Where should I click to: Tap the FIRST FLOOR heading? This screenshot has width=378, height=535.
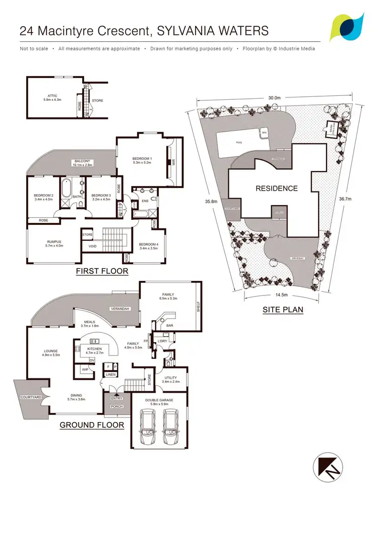point(101,271)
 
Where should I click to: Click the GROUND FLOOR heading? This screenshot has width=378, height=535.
point(92,425)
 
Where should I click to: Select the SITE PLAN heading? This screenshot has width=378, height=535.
point(283,310)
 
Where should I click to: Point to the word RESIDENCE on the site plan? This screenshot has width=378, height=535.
point(277,189)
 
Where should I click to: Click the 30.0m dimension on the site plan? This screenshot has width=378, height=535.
point(274,98)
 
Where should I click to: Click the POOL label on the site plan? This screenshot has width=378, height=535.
point(239,143)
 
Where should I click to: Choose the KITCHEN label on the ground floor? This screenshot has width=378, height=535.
point(94,349)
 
